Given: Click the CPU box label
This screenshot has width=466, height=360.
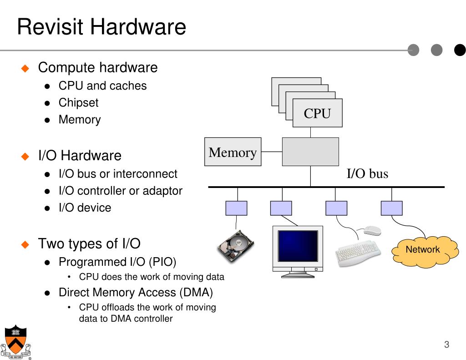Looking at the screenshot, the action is [x=317, y=113].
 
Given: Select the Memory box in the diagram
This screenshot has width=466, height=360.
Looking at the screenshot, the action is [x=233, y=152].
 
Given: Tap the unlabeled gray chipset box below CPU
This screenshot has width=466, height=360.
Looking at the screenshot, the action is [x=310, y=152].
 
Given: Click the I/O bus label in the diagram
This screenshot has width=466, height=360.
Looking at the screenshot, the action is [x=367, y=173].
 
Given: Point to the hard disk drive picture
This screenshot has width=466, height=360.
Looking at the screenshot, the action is [x=236, y=246].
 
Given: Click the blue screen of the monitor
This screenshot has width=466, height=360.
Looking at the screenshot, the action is [x=298, y=246].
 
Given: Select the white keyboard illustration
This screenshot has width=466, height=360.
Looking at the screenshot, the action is [x=358, y=253].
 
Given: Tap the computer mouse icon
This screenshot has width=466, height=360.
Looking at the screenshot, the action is [x=372, y=230].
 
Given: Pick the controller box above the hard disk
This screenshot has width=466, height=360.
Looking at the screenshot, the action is [x=236, y=208].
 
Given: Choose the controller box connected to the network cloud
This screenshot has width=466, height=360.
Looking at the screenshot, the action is [x=392, y=208].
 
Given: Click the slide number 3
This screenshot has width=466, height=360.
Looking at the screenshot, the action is [x=446, y=344].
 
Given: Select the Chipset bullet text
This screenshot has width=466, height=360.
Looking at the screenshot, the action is [x=78, y=102].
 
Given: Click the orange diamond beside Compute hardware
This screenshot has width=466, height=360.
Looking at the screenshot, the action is [x=25, y=68].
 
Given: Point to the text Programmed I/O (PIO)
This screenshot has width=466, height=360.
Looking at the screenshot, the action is [x=117, y=262].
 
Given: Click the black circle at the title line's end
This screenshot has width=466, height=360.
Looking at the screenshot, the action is [x=460, y=50].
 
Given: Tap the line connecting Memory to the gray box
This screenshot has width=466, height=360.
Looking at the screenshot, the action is [x=272, y=152].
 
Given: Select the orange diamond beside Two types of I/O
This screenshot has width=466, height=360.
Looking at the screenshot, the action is [x=25, y=244].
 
